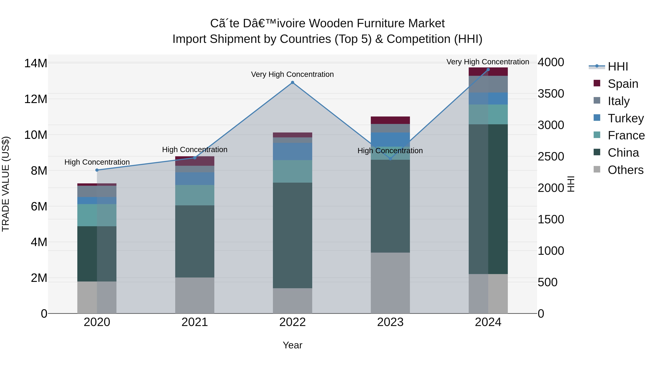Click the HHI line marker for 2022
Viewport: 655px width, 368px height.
coord(292,83)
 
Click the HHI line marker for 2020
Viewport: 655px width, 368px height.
coord(97,170)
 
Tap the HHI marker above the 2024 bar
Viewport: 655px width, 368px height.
coord(488,70)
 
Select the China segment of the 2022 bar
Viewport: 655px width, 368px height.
coord(292,235)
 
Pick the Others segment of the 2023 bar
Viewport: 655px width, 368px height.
coord(390,283)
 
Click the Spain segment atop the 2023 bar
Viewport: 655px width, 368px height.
coord(390,120)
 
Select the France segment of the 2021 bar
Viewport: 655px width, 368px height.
coord(194,195)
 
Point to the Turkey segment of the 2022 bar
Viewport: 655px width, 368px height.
coord(292,151)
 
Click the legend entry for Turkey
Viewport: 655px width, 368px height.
coord(626,118)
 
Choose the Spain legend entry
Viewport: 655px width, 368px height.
coord(623,84)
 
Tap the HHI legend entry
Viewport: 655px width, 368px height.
coord(618,67)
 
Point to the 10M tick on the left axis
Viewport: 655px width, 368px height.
coord(36,135)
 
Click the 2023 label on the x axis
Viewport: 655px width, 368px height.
coord(390,322)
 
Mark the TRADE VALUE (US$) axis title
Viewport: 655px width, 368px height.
coord(6,184)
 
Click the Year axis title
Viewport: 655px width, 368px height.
coord(292,345)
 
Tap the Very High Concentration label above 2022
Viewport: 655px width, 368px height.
coord(292,74)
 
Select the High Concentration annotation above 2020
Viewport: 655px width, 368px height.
coord(97,162)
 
